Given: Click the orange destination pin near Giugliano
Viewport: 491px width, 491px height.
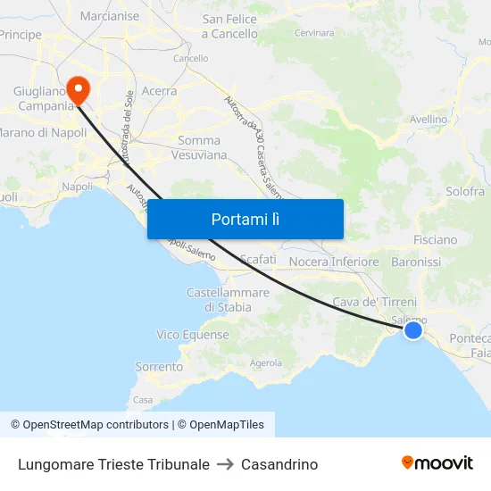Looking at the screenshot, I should coord(78,87).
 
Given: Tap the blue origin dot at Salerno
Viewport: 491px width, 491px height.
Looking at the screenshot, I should coord(412,330).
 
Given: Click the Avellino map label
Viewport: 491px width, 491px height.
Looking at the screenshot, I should coord(428,119).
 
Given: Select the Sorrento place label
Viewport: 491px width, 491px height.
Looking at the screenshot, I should coord(159,367).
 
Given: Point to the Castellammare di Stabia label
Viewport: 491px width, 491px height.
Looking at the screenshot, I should coord(228,300).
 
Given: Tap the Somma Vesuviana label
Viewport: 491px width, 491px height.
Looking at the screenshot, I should coord(203,147).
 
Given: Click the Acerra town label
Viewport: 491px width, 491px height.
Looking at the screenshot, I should coord(159,91).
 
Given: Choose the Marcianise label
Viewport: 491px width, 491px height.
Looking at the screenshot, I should coord(110,16).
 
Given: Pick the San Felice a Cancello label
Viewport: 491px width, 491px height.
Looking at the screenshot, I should coord(229,27).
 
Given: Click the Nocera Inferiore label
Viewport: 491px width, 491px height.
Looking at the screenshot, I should coord(335,262).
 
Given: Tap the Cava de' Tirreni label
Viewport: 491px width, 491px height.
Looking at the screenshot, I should coord(374,303).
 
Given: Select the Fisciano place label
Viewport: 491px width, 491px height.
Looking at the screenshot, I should coord(435,240).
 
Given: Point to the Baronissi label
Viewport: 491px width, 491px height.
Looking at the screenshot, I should coord(416,262).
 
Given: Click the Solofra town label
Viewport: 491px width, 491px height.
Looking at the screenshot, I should coord(465,191).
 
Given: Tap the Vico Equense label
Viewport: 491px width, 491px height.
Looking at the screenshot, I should coord(193,335).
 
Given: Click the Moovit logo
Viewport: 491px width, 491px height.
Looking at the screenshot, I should coord(437,462).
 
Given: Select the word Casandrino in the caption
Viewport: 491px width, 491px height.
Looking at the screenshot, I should coord(279,464).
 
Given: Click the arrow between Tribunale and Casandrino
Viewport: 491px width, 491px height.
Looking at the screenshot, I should coord(225,464).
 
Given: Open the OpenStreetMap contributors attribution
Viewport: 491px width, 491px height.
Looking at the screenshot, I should coord(89,425).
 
